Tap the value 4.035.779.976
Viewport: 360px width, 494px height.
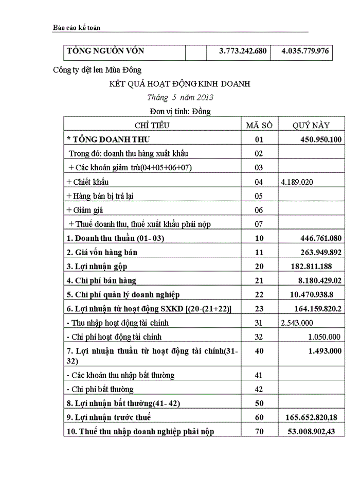[x=305, y=51]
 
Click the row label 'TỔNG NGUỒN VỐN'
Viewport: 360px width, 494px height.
[x=105, y=51]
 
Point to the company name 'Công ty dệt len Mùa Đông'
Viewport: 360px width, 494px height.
[x=97, y=70]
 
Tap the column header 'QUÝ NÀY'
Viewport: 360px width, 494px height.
[x=311, y=125]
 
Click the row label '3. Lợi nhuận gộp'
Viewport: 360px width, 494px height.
[x=97, y=267]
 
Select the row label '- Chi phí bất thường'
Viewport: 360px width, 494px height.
[x=100, y=389]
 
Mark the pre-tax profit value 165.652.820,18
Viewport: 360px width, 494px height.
[x=313, y=417]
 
